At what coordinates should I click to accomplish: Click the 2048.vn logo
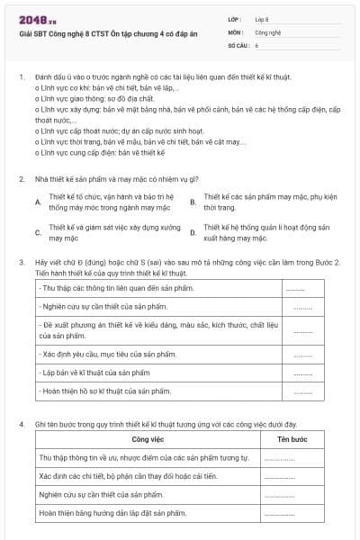point(35,19)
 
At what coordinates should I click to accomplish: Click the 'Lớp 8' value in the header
point(262,18)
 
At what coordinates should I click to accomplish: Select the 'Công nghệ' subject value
point(268,31)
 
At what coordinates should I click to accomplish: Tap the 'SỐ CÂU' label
point(238,43)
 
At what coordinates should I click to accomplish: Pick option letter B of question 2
point(193,202)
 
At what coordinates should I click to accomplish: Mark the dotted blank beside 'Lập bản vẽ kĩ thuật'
point(302,372)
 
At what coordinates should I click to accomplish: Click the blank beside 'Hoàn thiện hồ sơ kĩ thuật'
point(302,391)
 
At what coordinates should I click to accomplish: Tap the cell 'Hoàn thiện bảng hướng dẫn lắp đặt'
point(112,513)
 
